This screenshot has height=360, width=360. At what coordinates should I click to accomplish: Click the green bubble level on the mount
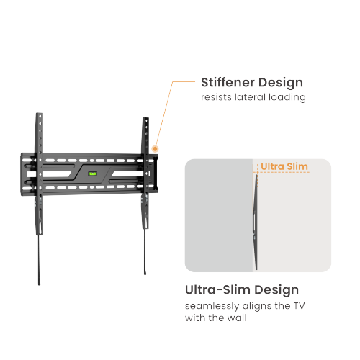click(92, 174)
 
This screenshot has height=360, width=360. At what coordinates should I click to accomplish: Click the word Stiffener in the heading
click(228, 82)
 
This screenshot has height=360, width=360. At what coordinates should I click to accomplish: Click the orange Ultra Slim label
click(284, 167)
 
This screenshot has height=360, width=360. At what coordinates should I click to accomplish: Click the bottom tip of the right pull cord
click(146, 274)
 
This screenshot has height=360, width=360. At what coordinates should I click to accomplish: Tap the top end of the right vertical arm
click(145, 118)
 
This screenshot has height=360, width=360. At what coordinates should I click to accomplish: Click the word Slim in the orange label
click(296, 167)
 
